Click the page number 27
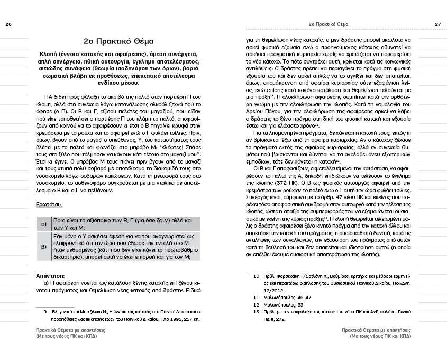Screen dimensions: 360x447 pos(438,24)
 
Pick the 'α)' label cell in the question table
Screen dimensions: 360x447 pos(43,224)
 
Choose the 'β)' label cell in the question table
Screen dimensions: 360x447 pos(43,247)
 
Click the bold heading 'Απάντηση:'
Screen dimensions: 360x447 pos(50,275)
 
